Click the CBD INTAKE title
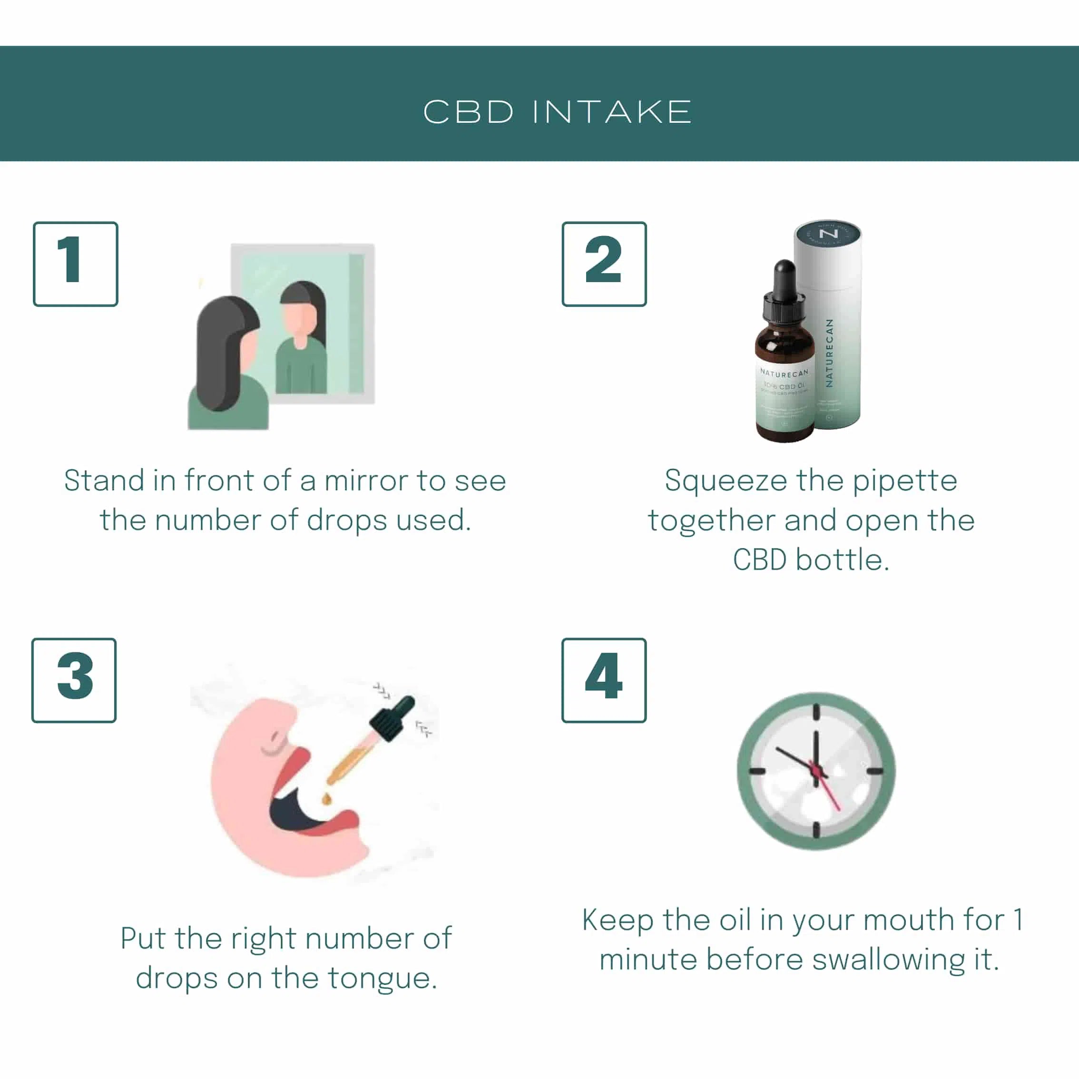[x=557, y=112]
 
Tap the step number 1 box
[x=75, y=264]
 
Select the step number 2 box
[x=604, y=264]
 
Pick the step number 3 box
[x=74, y=680]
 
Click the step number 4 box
[x=604, y=680]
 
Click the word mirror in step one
[x=366, y=481]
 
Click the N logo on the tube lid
[x=828, y=233]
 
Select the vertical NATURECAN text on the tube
[x=829, y=353]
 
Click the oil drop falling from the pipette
[x=327, y=799]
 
